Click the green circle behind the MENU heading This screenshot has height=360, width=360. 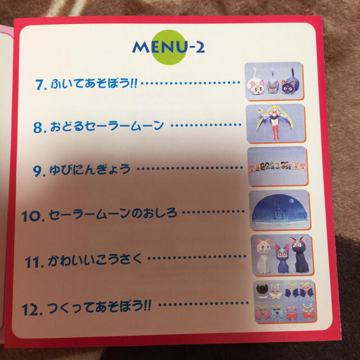169,47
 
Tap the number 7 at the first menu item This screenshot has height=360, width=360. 39,85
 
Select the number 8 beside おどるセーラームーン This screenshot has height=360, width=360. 38,128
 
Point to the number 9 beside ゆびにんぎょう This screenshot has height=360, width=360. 37,171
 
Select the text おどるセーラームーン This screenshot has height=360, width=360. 107,126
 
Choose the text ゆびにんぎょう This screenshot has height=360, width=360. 90,169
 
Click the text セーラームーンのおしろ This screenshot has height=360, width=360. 113,214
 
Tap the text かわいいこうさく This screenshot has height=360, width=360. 94,260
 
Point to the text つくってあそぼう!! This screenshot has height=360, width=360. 99,307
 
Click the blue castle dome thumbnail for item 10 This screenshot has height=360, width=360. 280,210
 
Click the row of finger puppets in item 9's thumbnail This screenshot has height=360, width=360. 277,167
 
